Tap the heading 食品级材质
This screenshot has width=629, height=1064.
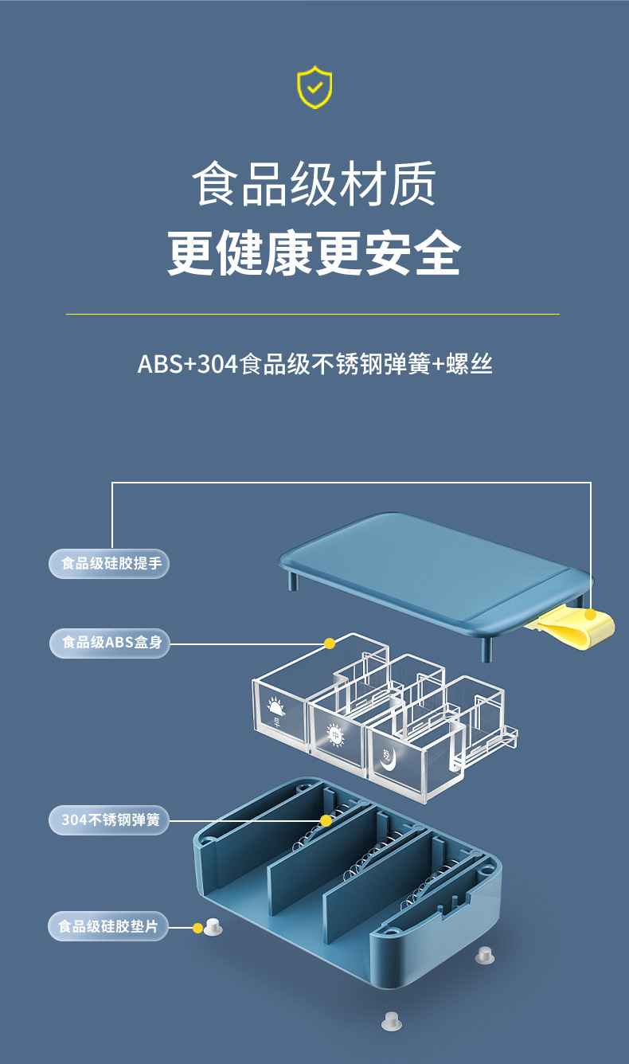pos(314,183)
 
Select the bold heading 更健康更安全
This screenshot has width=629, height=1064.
pos(314,253)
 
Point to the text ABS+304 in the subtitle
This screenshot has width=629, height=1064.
pos(188,365)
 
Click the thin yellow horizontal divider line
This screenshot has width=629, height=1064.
pos(312,315)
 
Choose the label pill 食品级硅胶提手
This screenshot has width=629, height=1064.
pos(110,564)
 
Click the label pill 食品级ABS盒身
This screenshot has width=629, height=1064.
pos(110,642)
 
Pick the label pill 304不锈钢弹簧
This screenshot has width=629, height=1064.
pos(110,820)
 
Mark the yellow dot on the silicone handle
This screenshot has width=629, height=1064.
pos(590,615)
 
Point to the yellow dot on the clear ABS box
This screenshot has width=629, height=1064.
pos(329,643)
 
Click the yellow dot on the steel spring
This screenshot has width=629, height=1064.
pos(326,820)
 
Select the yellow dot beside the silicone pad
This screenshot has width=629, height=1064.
pos(197,928)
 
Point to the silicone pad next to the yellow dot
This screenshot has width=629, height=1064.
pos(213,927)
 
